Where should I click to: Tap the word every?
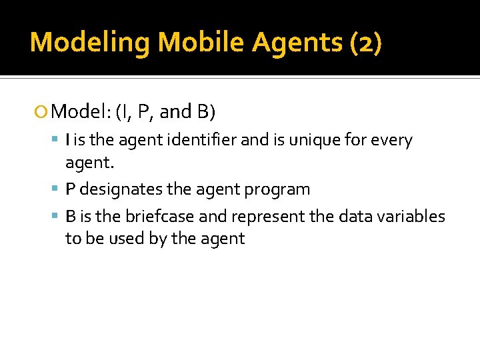pos(392,141)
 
